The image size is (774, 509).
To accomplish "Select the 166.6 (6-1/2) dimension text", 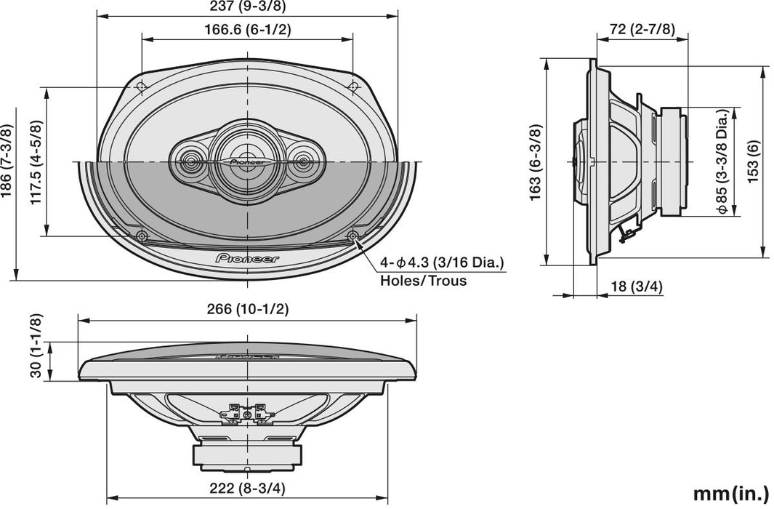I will tap(249, 30).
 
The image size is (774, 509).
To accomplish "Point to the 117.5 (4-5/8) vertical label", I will tap(35, 161).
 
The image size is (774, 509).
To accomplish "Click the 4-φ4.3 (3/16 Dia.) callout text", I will tap(442, 263).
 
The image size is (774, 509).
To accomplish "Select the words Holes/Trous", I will tap(423, 280).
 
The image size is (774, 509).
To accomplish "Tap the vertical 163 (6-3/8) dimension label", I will tap(536, 161).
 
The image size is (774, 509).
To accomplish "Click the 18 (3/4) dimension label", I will tap(637, 286).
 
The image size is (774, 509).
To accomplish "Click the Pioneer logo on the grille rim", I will tap(247, 257).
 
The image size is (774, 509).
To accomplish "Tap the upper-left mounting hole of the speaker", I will tap(142, 87).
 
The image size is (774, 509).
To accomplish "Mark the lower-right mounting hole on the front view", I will tap(353, 236).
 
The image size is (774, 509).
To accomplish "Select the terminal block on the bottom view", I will tap(247, 412).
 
